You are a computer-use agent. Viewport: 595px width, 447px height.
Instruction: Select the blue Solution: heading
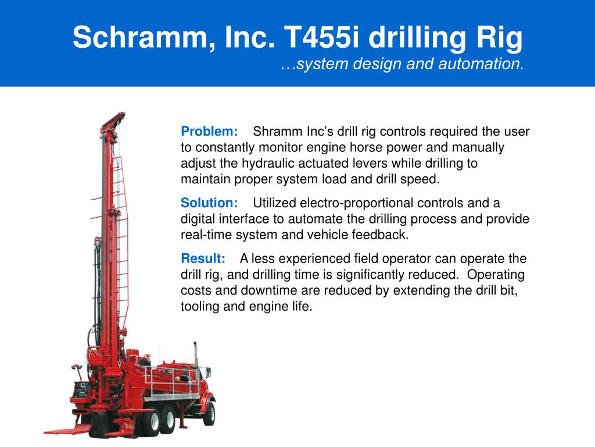pos(210,203)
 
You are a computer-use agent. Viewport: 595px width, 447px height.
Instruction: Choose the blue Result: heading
pos(203,258)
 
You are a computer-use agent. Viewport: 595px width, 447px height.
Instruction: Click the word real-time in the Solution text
pos(205,235)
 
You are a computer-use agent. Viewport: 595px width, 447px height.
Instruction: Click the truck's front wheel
pos(207,414)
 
